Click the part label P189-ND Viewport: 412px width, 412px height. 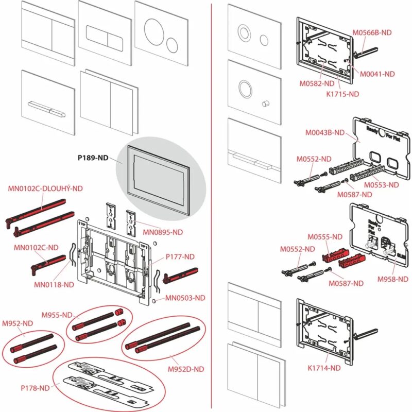pyautogui.click(x=93, y=159)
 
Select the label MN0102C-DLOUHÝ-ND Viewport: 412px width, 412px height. pyautogui.click(x=45, y=188)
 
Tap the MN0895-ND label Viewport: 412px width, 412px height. pyautogui.click(x=163, y=232)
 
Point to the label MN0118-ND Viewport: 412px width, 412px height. pyautogui.click(x=55, y=284)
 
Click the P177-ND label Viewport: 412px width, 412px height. pyautogui.click(x=180, y=256)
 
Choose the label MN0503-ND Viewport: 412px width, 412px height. pyautogui.click(x=185, y=298)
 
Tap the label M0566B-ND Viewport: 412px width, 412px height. pyautogui.click(x=372, y=32)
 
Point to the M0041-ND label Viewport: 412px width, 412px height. pyautogui.click(x=377, y=74)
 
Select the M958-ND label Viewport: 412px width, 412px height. pyautogui.click(x=392, y=279)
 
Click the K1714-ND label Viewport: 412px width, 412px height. pyautogui.click(x=324, y=368)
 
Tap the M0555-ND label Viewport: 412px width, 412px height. pyautogui.click(x=325, y=237)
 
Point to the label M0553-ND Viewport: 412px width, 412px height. pyautogui.click(x=381, y=184)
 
